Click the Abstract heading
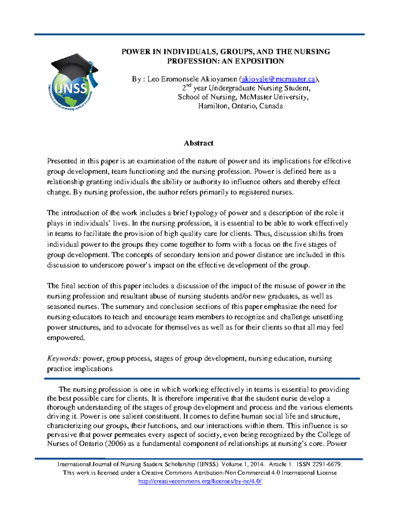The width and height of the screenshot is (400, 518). pos(198,143)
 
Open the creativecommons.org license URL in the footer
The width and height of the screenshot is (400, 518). pos(200,481)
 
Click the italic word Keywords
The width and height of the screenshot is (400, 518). pos(63,359)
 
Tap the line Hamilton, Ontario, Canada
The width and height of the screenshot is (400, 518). pos(240,106)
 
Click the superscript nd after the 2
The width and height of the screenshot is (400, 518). pos(189,86)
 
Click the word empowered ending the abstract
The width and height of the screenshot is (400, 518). pos(66,338)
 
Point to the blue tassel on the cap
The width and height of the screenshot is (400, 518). pos(95,80)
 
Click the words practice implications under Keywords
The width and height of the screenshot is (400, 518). pos(80,369)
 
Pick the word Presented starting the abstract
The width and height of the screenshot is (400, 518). pos(62,161)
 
